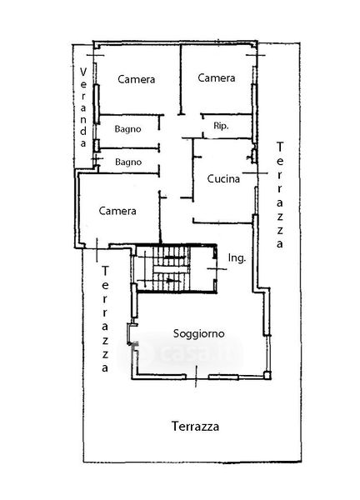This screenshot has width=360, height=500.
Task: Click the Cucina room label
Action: [223, 178]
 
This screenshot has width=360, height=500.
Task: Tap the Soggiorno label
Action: [198, 333]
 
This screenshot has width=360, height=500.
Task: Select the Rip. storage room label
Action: [221, 126]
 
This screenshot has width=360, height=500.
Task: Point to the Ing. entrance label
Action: [237, 257]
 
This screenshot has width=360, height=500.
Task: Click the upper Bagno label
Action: [127, 129]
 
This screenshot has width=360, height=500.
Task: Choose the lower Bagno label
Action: [128, 162]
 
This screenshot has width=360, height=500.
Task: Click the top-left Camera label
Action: [136, 79]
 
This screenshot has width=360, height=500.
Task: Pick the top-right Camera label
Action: [217, 77]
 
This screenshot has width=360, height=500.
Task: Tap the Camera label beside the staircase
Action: [117, 211]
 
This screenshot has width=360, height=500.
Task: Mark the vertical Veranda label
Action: [83, 107]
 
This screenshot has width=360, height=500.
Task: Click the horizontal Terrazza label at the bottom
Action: [195, 427]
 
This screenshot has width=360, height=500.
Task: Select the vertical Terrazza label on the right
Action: [280, 195]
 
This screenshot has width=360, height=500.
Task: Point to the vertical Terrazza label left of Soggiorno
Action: [105, 319]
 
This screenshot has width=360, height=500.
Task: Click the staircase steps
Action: [171, 268]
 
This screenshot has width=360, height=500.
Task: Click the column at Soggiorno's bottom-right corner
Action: [267, 375]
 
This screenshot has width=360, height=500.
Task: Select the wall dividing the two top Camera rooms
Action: [181, 79]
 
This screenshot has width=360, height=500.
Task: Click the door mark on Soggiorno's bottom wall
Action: [196, 377]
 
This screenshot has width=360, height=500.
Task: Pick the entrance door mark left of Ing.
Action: [217, 269]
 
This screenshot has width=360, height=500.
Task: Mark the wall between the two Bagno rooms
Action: [129, 148]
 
